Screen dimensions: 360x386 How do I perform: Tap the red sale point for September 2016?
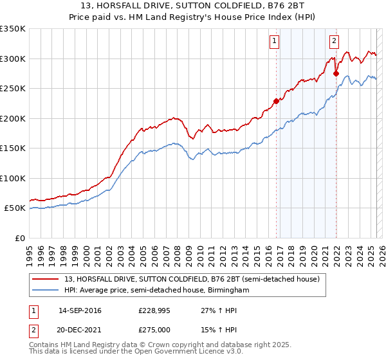coord(277,101)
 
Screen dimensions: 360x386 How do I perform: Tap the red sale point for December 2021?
coord(336,74)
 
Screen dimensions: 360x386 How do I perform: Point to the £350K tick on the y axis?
coord(13,29)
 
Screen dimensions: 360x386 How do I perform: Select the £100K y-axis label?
coord(13,178)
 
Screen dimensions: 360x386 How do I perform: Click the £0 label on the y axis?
coord(19,238)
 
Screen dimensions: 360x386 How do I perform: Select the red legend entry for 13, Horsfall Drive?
coord(187,278)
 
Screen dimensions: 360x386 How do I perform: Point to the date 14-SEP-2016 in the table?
coord(80,310)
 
